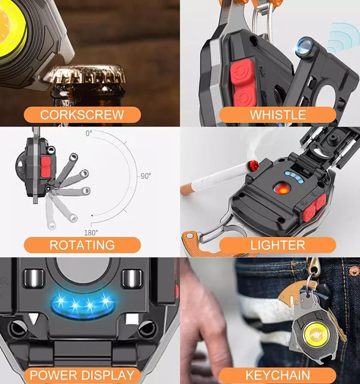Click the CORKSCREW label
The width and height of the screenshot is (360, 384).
coord(82,115)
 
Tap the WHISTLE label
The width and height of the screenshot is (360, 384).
coord(278,115)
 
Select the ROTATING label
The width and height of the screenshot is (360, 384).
coord(82,245)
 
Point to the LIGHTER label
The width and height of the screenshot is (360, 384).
coord(278,245)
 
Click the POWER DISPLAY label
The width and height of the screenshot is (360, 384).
coord(82,375)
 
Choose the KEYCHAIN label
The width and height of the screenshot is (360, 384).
coord(278,375)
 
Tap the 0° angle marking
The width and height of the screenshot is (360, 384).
coord(89,133)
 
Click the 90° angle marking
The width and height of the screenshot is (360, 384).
coord(145,176)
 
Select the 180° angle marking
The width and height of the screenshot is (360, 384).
coord(91,233)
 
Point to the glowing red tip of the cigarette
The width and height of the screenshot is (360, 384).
coord(254,165)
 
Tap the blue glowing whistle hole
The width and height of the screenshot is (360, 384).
coord(304,47)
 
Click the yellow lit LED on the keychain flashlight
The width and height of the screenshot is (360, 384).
coord(314,333)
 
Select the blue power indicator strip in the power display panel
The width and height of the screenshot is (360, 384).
coord(83,304)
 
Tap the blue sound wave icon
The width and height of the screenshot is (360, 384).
coord(343,38)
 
